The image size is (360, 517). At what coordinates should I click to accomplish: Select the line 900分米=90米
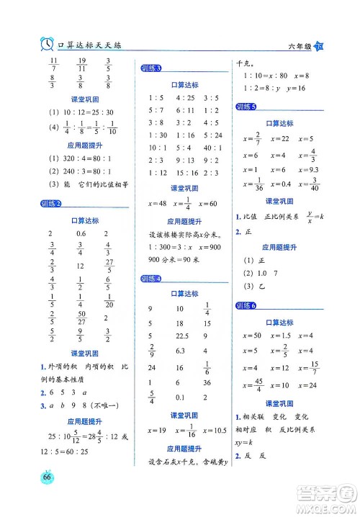click(174, 259)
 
